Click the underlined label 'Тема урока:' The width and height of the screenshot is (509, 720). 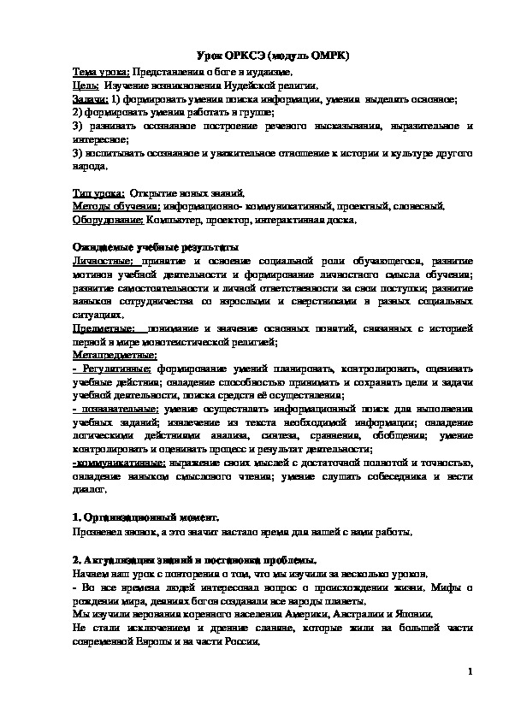(x=100, y=73)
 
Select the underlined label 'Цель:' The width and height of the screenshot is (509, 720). (x=85, y=86)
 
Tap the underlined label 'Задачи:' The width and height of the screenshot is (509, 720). (x=89, y=99)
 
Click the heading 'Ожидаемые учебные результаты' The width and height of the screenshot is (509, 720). (x=155, y=246)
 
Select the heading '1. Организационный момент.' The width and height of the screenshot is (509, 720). (x=145, y=518)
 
